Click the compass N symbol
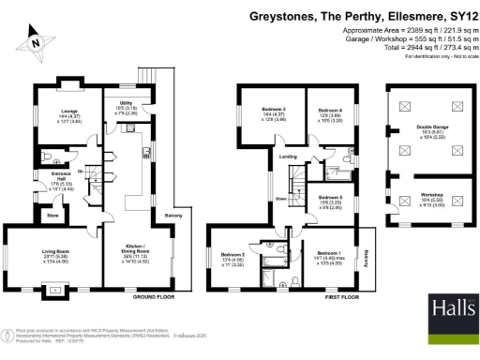point(33,40)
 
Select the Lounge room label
point(68,112)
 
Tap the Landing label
point(288,157)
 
